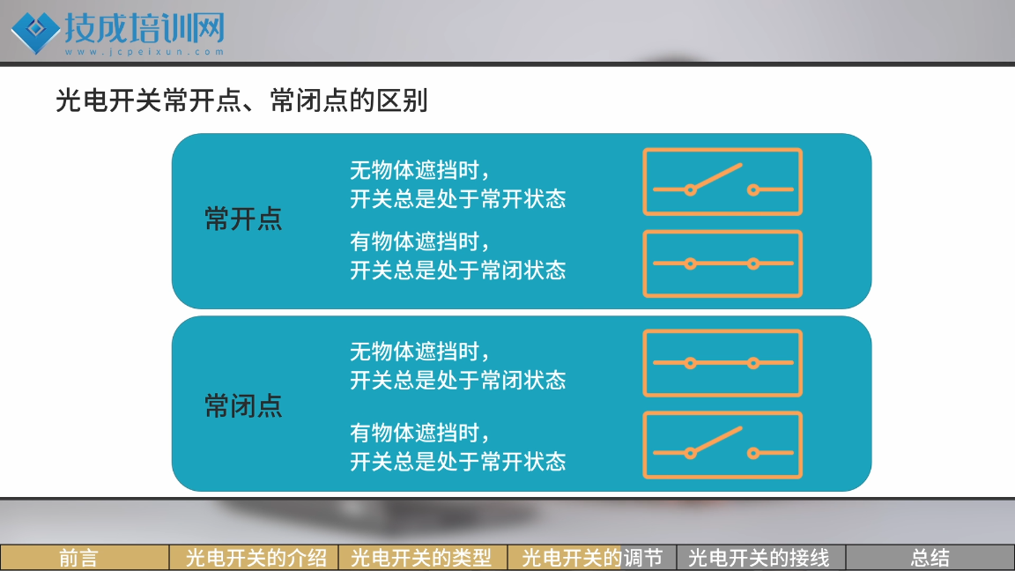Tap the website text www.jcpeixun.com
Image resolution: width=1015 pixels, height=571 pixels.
(x=144, y=52)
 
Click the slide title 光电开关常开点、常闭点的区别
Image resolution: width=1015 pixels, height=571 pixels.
(x=241, y=100)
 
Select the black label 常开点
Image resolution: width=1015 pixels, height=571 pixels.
(x=243, y=219)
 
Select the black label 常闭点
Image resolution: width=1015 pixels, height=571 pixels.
(x=243, y=406)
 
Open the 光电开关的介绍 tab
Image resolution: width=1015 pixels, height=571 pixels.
(x=255, y=558)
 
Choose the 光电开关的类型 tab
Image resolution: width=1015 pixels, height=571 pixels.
(x=423, y=558)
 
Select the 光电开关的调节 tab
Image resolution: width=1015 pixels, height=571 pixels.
(x=592, y=558)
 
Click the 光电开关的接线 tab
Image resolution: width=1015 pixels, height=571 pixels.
(x=760, y=558)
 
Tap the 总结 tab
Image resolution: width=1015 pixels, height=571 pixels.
(x=930, y=558)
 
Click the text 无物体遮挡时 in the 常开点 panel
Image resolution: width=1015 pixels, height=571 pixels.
(x=414, y=170)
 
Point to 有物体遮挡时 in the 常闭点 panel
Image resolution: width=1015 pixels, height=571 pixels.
(x=414, y=433)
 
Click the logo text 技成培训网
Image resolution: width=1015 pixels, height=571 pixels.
(x=144, y=28)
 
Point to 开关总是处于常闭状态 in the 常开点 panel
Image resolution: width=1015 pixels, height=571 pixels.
(x=458, y=270)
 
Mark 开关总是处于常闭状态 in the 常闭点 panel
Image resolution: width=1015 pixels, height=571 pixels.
(x=458, y=380)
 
